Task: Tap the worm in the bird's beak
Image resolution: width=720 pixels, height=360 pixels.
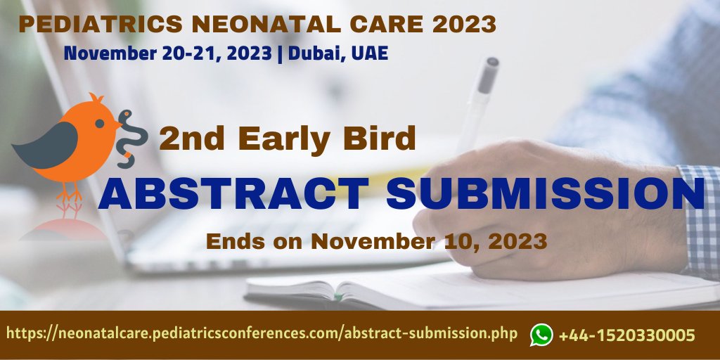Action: point(131,137)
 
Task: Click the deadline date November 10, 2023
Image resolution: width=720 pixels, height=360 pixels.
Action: point(429,241)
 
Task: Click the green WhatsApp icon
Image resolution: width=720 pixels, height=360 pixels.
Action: point(541,335)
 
